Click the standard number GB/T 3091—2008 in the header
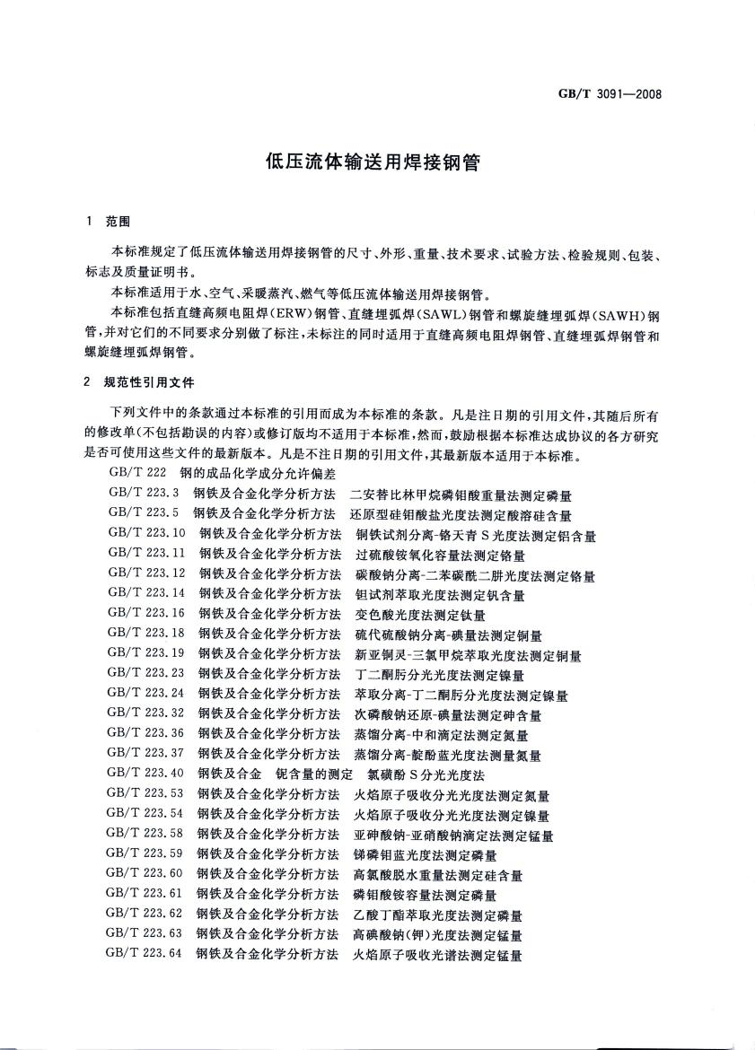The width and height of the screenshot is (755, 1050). point(610,92)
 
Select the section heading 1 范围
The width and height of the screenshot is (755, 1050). point(107,222)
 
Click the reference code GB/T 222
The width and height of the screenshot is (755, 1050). point(137,472)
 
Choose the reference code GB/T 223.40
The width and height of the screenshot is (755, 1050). point(146,773)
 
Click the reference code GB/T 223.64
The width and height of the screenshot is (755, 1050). point(145,955)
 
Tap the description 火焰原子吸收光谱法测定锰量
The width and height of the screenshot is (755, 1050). point(438,955)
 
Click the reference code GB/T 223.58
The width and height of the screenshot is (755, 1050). point(146,835)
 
